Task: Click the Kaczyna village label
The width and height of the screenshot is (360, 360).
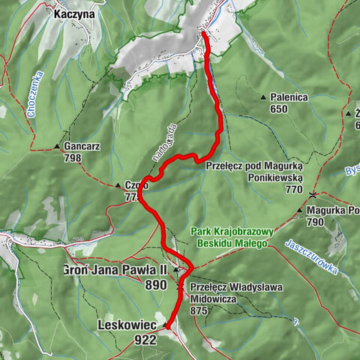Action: click(74, 13)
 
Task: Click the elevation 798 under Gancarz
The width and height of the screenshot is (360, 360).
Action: click(73, 158)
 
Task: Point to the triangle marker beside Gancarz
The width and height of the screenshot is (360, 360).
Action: click(58, 146)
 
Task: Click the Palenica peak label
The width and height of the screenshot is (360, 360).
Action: click(290, 97)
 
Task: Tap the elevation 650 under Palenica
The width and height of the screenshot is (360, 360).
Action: click(279, 109)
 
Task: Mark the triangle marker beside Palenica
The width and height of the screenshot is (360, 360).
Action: click(263, 97)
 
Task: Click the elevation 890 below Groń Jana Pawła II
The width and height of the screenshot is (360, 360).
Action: click(156, 285)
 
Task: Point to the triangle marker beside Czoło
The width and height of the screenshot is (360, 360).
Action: click(117, 185)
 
